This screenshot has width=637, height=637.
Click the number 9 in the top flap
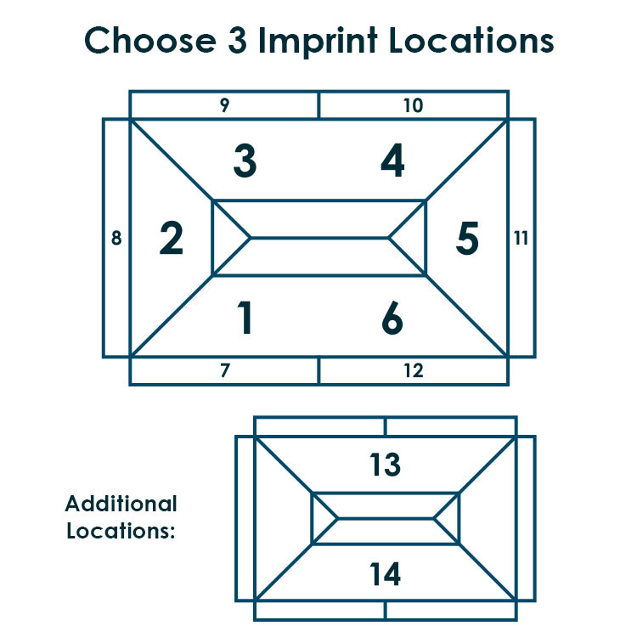pos(225,104)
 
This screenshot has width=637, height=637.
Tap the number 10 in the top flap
pos(414,105)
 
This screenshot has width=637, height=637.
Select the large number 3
pos(245,161)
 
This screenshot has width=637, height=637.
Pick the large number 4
pos(392,161)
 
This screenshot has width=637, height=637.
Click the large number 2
pos(172,238)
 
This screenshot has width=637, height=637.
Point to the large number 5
pos(467,238)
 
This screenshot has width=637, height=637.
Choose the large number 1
pos(245,318)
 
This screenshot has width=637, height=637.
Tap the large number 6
pos(392,318)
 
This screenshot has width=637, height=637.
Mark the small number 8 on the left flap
pos(116,238)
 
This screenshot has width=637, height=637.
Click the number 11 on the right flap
pos(521,238)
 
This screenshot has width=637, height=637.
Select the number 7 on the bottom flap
pos(225,370)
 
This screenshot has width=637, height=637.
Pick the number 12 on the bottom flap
pos(414,370)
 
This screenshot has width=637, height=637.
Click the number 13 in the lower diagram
pos(385,465)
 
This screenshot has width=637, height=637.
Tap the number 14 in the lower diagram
pos(385,573)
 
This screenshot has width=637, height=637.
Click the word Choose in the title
pos(149,40)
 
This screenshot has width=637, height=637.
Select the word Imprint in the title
pos(318,41)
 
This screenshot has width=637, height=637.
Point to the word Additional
pos(121,504)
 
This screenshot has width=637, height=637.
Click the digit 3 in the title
pos(237,40)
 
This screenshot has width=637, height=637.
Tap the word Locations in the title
pos(471,40)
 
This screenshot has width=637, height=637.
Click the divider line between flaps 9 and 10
pos(318,105)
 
